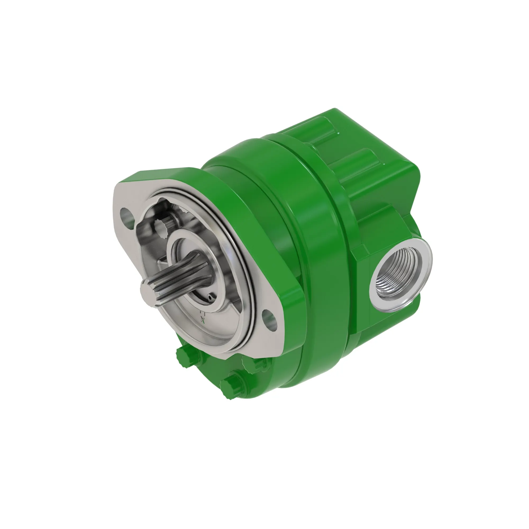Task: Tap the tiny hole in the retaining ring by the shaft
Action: click(210, 297)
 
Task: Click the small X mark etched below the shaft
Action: click(203, 320)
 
